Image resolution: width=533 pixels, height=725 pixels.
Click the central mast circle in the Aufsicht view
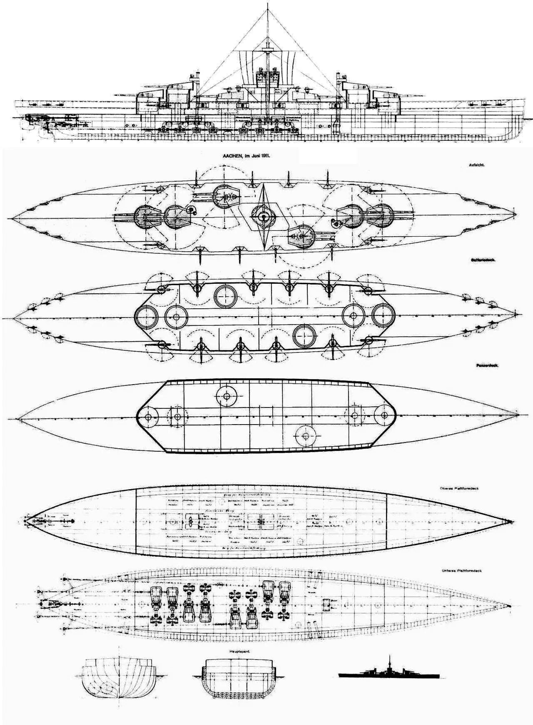[x=263, y=216]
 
